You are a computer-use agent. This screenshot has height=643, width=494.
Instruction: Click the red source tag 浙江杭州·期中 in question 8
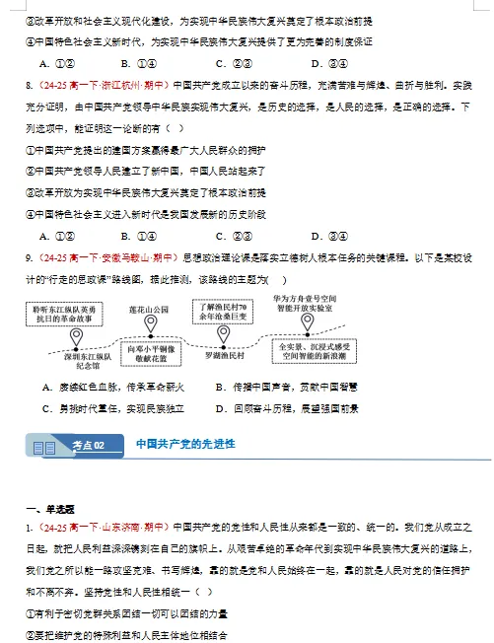[x=127, y=85]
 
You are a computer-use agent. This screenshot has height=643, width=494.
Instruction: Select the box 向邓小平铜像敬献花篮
[x=151, y=354]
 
